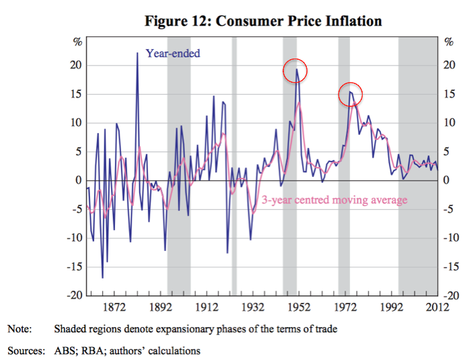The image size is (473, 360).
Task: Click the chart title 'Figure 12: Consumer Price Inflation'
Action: click(x=264, y=22)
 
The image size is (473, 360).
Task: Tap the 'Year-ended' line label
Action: click(x=173, y=52)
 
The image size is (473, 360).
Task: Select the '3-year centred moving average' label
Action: click(x=334, y=200)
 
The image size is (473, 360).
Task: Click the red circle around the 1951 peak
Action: click(x=295, y=69)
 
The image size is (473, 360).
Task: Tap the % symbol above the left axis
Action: click(x=77, y=42)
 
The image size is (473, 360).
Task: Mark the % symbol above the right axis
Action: click(x=449, y=42)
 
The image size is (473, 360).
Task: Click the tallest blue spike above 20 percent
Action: click(x=137, y=53)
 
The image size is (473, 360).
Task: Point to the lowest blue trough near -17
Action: click(x=102, y=277)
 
